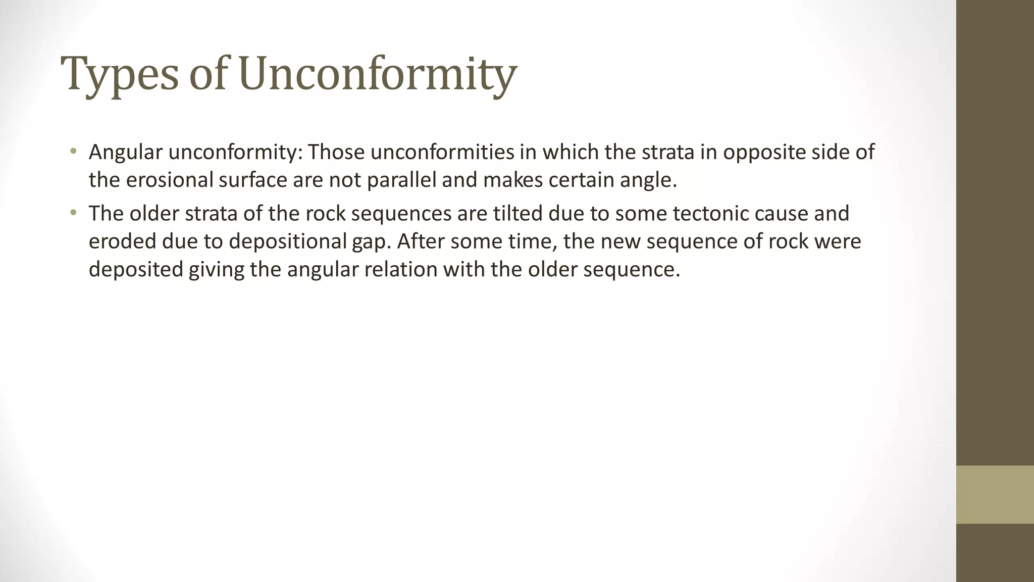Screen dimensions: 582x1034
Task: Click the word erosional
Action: click(x=169, y=180)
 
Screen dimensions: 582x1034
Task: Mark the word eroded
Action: click(x=122, y=241)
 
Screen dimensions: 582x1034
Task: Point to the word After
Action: click(x=421, y=241)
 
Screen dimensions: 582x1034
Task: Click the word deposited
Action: click(x=136, y=269)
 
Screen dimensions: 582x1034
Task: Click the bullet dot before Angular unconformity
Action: click(x=73, y=151)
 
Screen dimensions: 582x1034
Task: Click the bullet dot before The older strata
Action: click(x=73, y=213)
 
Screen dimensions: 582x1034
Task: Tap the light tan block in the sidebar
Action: click(x=995, y=495)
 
